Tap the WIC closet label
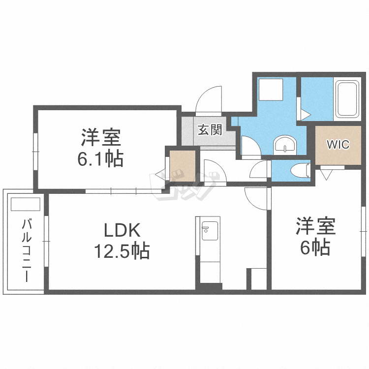338,145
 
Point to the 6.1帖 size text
102,158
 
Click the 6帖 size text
315,248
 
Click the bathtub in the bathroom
348,99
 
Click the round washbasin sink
285,145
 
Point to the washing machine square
270,91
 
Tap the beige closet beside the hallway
182,167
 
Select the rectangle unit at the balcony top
25,204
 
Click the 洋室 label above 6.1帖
102,137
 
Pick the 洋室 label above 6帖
315,227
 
